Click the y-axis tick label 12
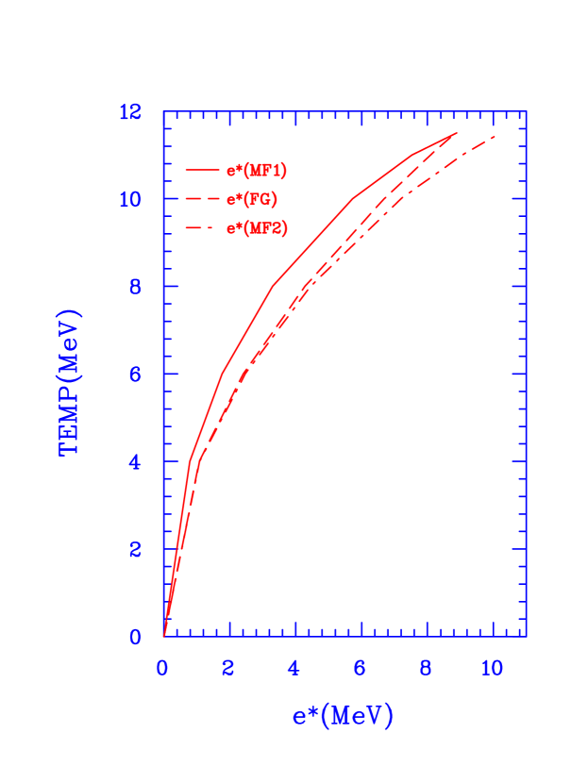tap(130, 112)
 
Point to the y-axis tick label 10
tap(130, 200)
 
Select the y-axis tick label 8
tap(135, 287)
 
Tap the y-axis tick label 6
tap(135, 375)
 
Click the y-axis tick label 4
tap(135, 462)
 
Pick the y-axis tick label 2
tap(135, 549)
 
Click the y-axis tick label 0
tap(135, 637)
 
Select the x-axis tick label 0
tap(162, 668)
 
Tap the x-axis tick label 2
tap(228, 668)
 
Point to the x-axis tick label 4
tap(294, 668)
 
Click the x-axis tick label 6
tap(361, 668)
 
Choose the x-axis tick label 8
tap(426, 668)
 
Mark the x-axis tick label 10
tap(492, 668)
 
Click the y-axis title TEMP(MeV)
tap(71, 382)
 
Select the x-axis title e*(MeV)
tap(342, 716)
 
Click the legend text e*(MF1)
tap(256, 171)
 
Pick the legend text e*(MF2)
tap(256, 228)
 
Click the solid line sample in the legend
tap(202, 171)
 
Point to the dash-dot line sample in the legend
tap(202, 228)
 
